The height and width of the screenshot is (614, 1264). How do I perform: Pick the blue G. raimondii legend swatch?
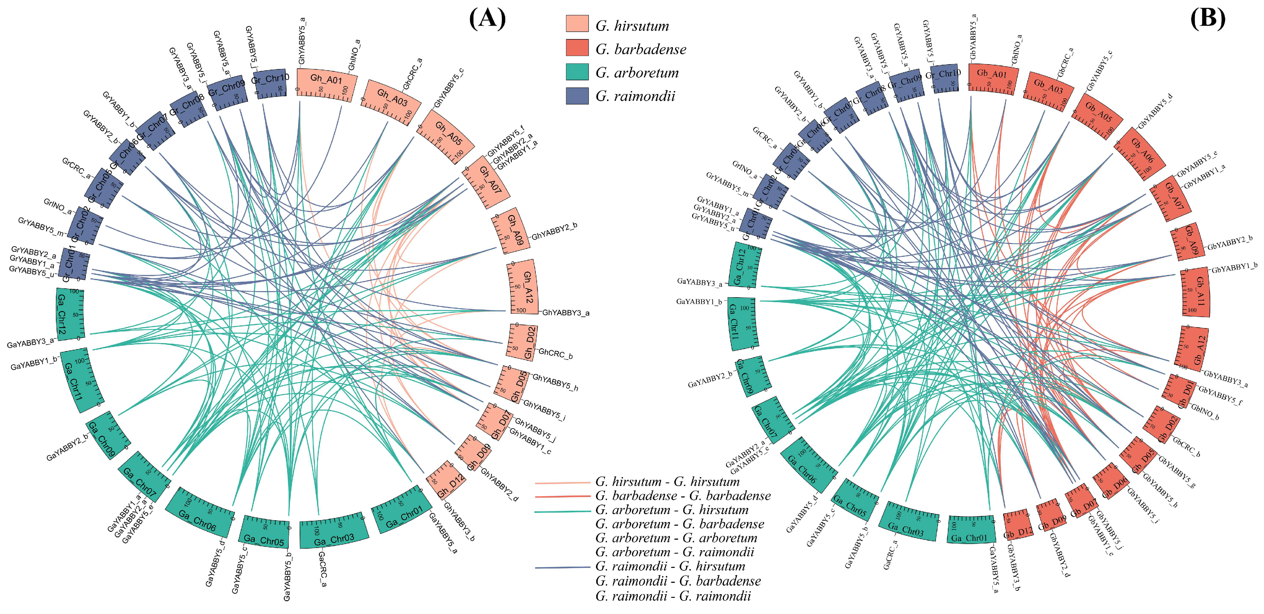(577, 96)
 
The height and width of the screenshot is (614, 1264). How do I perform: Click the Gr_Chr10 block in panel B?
(944, 78)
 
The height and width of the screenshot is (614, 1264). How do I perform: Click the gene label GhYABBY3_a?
(565, 312)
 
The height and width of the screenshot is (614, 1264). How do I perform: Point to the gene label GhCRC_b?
(555, 353)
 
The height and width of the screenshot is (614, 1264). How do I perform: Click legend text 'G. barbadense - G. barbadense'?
(682, 496)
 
